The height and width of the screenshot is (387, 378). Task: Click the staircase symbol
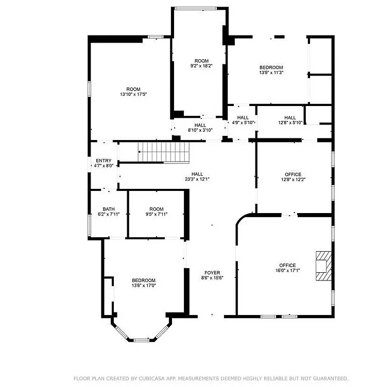(x=164, y=152)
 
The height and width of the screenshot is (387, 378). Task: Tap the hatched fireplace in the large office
(x=323, y=266)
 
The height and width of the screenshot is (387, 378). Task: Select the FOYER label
(x=212, y=273)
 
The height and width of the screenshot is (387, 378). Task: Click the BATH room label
(x=109, y=209)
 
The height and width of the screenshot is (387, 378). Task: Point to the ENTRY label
(x=104, y=161)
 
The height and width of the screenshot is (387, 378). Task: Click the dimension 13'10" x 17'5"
(x=133, y=94)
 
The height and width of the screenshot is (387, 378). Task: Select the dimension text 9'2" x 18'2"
(x=201, y=66)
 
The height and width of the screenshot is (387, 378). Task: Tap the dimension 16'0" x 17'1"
(x=287, y=271)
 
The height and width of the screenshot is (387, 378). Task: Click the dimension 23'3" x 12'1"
(x=197, y=179)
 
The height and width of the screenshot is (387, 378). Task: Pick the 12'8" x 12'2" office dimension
(x=293, y=180)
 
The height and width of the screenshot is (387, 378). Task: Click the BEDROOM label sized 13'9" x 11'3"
(x=271, y=67)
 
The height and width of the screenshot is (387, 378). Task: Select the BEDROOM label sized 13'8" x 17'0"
(x=144, y=280)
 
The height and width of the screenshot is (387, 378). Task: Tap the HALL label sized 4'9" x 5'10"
(x=243, y=118)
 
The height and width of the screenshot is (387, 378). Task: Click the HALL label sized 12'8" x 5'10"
(x=290, y=118)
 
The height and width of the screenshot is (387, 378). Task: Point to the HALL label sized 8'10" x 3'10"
(x=200, y=126)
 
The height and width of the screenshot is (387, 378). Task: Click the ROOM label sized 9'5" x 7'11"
(x=157, y=209)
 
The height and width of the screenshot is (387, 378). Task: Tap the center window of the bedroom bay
(x=141, y=340)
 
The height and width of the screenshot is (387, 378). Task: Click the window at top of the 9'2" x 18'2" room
(x=196, y=9)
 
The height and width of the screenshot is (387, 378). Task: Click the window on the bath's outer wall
(x=90, y=225)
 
